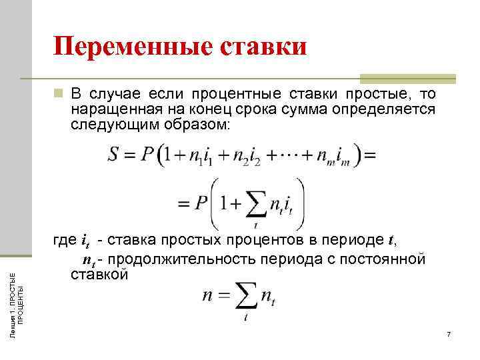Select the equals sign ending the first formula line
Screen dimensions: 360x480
368,157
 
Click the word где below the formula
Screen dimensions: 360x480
66,239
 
